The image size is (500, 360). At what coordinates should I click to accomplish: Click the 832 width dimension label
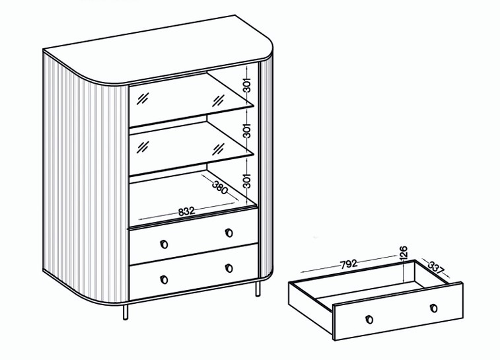186,211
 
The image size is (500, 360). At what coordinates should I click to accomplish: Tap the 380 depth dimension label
220,188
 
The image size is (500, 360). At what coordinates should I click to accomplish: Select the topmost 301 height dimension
247,85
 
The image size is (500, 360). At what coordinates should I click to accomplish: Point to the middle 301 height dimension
247,130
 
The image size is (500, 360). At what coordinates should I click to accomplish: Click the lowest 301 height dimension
247,180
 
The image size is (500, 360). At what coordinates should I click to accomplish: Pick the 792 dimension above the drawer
349,264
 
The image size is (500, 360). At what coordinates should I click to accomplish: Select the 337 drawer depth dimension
436,268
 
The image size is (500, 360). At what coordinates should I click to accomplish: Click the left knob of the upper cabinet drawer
164,244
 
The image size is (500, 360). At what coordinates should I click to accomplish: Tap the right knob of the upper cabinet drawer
229,233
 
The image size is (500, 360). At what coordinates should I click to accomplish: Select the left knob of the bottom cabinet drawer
164,279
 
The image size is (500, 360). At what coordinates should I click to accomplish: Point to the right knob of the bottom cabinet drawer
229,268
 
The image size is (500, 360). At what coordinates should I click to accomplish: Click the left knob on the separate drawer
369,319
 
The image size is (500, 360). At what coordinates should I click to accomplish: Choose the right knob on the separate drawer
433,308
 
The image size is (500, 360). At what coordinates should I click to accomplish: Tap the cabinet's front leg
125,312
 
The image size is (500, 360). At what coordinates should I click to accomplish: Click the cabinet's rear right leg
258,289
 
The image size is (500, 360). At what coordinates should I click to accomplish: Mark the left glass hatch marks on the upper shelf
143,98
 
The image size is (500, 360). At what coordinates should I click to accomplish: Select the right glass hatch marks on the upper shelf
219,100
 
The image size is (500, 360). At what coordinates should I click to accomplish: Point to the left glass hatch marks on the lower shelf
143,147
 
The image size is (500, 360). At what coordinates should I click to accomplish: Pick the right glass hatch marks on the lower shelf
219,149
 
